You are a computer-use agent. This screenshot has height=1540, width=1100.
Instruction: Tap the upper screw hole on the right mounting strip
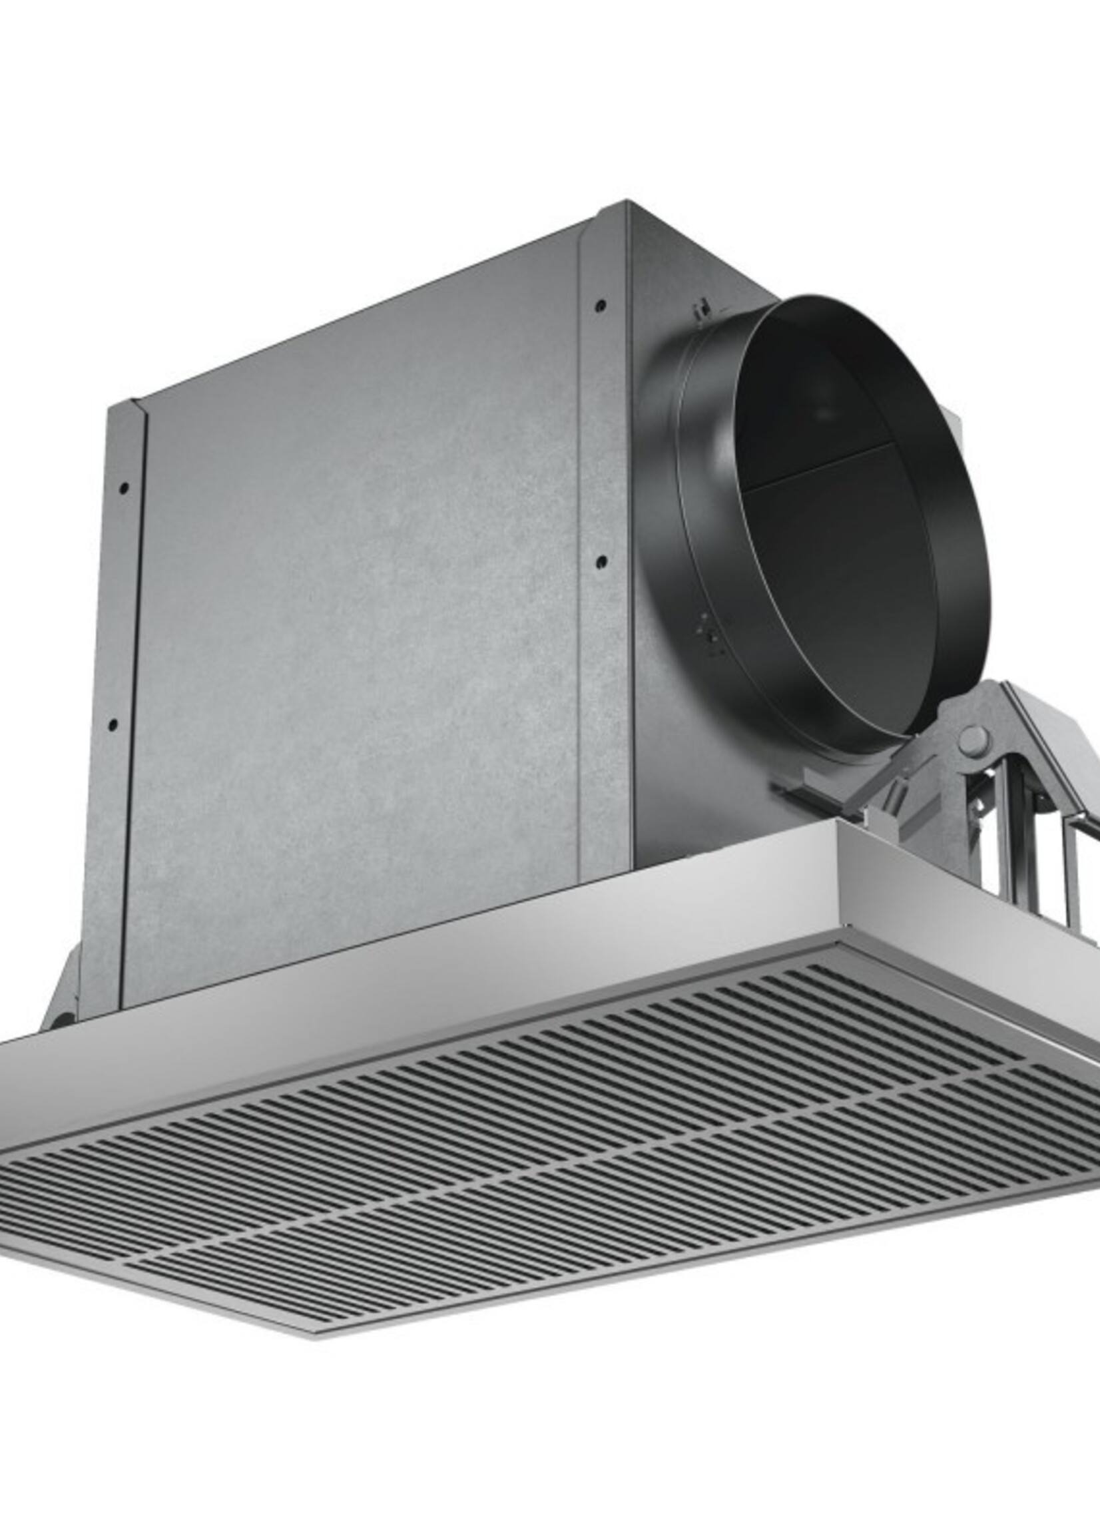[x=599, y=306]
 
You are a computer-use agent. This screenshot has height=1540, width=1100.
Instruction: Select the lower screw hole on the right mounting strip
[x=602, y=561]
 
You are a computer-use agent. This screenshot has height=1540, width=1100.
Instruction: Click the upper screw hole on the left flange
[x=123, y=487]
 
